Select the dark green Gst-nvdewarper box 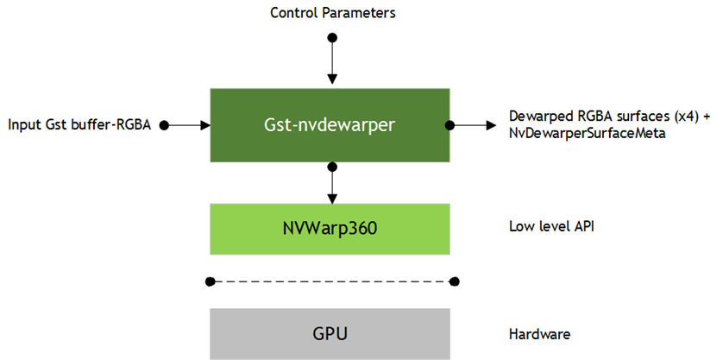tap(330, 124)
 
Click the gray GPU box tap(330, 333)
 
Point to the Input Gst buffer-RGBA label tap(79, 125)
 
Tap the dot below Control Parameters tap(330, 38)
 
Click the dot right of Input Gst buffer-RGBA tap(164, 125)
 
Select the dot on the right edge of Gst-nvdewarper tap(450, 125)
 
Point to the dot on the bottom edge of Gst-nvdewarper tap(330, 162)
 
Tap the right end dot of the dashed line tap(455, 281)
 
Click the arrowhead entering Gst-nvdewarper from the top tap(330, 82)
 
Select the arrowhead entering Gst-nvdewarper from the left tap(204, 125)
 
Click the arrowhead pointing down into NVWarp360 tap(330, 199)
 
